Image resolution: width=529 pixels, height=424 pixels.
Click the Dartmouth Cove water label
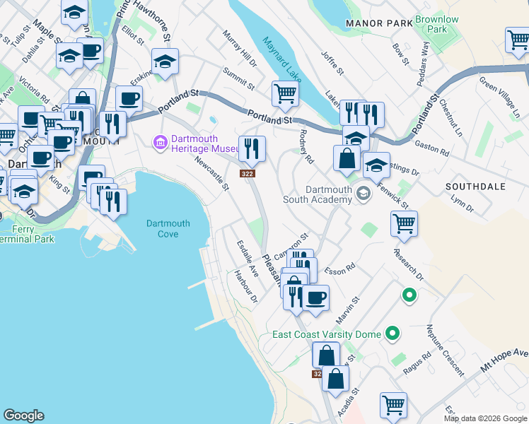pyautogui.click(x=168, y=228)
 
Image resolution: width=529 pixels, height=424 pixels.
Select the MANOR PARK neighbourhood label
pyautogui.click(x=379, y=23)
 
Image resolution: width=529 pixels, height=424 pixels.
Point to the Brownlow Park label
pyautogui.click(x=436, y=25)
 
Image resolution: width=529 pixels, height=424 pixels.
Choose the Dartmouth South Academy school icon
pyautogui.click(x=364, y=193)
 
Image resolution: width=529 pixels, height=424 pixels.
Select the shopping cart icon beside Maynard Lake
pyautogui.click(x=285, y=93)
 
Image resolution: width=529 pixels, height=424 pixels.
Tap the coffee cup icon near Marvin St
pyautogui.click(x=315, y=297)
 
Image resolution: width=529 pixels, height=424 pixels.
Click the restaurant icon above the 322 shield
pyautogui.click(x=252, y=148)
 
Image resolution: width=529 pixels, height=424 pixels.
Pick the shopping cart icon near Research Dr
pyautogui.click(x=404, y=223)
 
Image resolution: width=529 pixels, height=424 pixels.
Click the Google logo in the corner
pyautogui.click(x=23, y=416)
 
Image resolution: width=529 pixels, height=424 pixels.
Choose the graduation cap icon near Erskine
pyautogui.click(x=165, y=61)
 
